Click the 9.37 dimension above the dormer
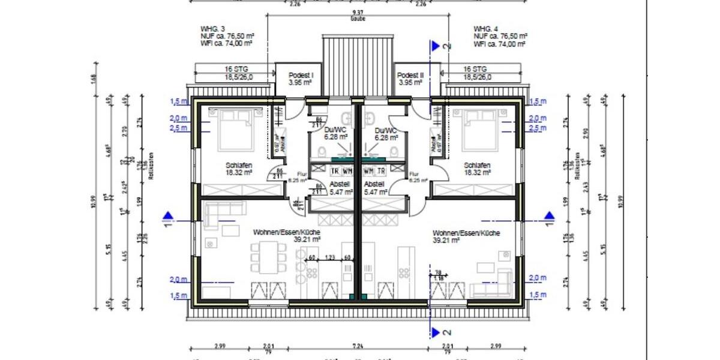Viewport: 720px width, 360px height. pos(358,12)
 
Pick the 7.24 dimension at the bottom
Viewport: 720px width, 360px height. pos(358,347)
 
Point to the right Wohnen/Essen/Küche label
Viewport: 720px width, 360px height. pos(466,233)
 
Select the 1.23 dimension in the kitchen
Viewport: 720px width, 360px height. pos(329,257)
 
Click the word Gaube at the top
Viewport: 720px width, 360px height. pos(358,19)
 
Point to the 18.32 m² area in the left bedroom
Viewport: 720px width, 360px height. pos(239,172)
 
